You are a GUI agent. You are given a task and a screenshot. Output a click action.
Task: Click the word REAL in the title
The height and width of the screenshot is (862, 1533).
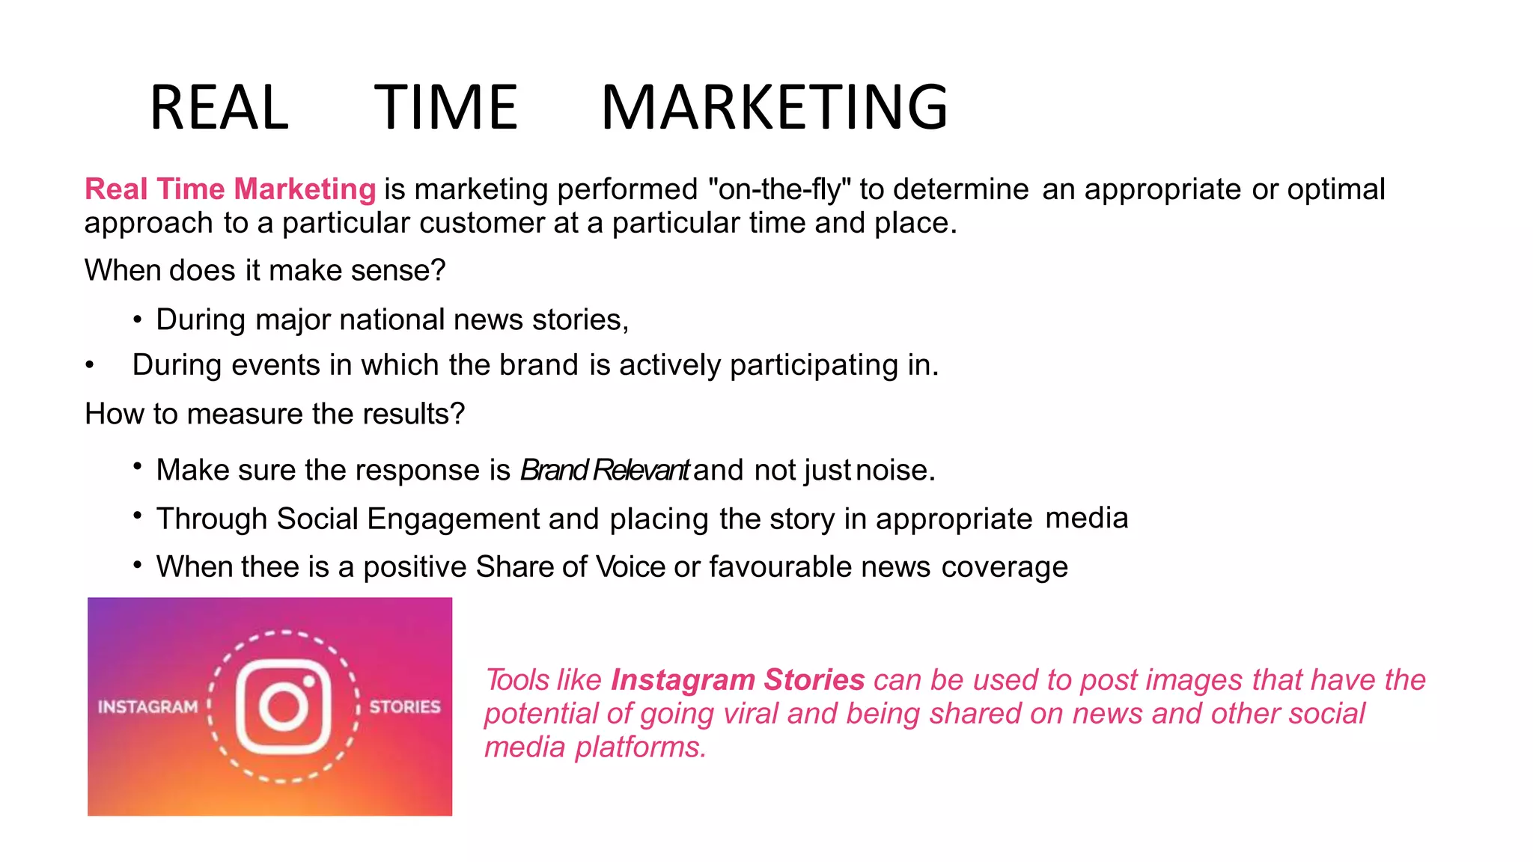pos(219,108)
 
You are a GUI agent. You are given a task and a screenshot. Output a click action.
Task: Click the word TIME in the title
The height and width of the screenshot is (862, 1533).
pos(446,108)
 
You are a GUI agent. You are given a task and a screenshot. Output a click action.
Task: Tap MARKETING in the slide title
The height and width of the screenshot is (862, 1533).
pos(774,108)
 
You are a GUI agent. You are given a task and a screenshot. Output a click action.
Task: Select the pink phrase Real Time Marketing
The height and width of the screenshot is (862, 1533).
pos(230,189)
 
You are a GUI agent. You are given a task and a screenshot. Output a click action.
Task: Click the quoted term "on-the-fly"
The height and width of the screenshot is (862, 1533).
pos(779,189)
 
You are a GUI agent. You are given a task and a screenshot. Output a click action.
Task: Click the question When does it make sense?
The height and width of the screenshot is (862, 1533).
pos(265,270)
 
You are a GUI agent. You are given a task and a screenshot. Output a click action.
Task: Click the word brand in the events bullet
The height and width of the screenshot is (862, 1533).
pos(539,365)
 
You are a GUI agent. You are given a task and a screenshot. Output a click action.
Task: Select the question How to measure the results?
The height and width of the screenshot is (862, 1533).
pos(275,414)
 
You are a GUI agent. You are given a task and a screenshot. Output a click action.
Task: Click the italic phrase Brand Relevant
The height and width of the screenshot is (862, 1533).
pos(604,470)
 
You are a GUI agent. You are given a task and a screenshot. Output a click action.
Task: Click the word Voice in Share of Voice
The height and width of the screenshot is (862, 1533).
pos(630,566)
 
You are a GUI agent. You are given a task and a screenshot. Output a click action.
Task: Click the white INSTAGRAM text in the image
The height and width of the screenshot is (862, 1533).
pos(147,707)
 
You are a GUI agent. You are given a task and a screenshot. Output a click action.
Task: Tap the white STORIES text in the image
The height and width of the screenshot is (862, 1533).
pos(405,707)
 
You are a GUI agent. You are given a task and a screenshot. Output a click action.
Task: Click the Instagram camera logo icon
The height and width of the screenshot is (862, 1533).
pos(284,706)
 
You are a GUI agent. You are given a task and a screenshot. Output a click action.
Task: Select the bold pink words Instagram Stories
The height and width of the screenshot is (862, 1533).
pos(737,679)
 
